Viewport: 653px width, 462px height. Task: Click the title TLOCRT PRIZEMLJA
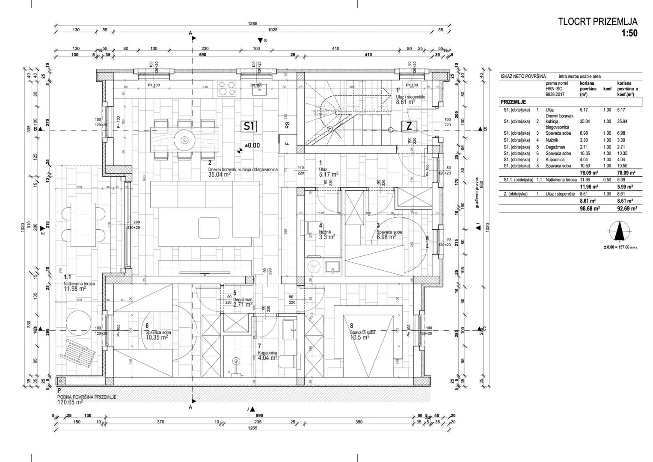click(598, 22)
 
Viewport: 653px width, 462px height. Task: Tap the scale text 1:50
click(629, 33)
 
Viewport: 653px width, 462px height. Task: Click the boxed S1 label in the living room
click(249, 126)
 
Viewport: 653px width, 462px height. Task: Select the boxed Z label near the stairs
click(409, 126)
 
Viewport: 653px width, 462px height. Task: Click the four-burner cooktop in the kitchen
click(227, 88)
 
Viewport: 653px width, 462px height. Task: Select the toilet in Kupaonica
click(287, 361)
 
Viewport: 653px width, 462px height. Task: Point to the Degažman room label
click(243, 300)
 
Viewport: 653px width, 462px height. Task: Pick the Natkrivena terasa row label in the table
click(558, 180)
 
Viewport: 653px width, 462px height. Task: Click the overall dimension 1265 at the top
click(252, 24)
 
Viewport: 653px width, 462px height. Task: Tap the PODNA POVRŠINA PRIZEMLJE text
click(86, 397)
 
